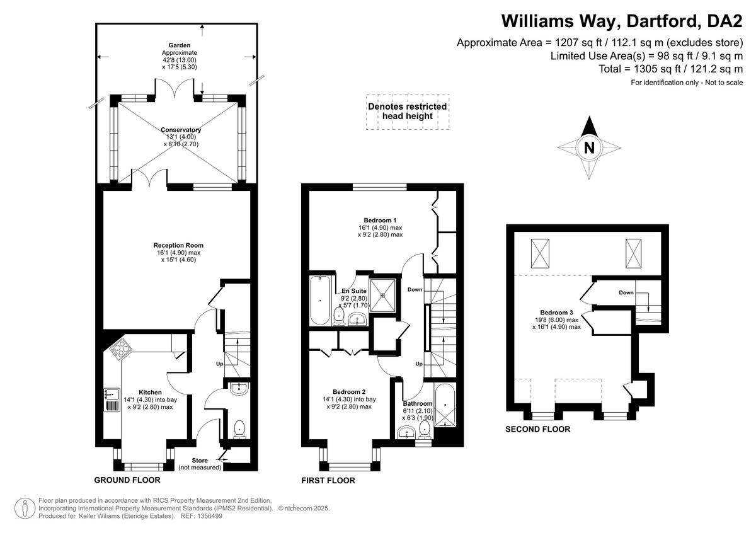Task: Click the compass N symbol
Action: (x=589, y=147)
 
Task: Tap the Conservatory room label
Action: (x=181, y=130)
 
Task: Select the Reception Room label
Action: (x=178, y=245)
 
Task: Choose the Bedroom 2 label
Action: (x=349, y=391)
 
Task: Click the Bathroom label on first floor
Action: (x=418, y=403)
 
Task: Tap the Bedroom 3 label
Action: (x=556, y=313)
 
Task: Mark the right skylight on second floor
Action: (x=634, y=253)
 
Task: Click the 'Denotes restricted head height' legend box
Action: (x=408, y=112)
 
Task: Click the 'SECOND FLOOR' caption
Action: (x=537, y=429)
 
